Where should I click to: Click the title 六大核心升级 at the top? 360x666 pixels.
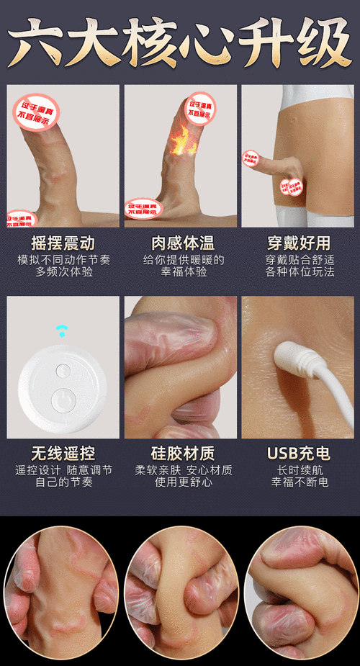point(180,42)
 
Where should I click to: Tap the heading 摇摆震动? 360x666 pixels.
point(63,243)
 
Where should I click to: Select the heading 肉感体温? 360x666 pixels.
point(180,243)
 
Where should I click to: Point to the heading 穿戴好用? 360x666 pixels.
point(298,243)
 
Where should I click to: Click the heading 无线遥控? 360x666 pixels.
point(63,454)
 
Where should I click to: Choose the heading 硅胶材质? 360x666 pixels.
point(180,454)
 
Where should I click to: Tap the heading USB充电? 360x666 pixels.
point(298,454)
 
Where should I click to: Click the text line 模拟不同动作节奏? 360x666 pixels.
point(63,259)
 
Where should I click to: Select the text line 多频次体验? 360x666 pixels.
point(63,272)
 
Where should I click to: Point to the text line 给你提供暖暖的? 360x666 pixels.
point(180,259)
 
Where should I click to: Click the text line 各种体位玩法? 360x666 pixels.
point(298,272)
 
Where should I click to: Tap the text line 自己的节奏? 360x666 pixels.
point(63,482)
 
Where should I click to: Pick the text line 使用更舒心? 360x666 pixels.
point(180,482)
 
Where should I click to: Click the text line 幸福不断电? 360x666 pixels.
point(298,482)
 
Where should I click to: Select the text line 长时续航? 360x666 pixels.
point(298,469)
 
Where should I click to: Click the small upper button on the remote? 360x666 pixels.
point(63,370)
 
